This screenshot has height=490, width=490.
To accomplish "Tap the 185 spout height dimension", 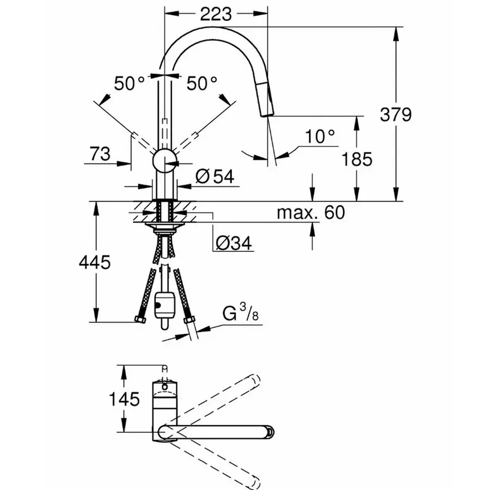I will click(x=357, y=159).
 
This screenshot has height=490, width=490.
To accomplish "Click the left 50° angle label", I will click(x=130, y=83).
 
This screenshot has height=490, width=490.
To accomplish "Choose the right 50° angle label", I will click(x=202, y=83).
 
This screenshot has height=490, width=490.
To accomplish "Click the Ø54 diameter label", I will click(x=213, y=176).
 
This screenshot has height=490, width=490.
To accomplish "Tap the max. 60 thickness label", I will click(x=310, y=212).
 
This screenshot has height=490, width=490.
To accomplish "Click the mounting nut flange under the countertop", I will click(x=164, y=223).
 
